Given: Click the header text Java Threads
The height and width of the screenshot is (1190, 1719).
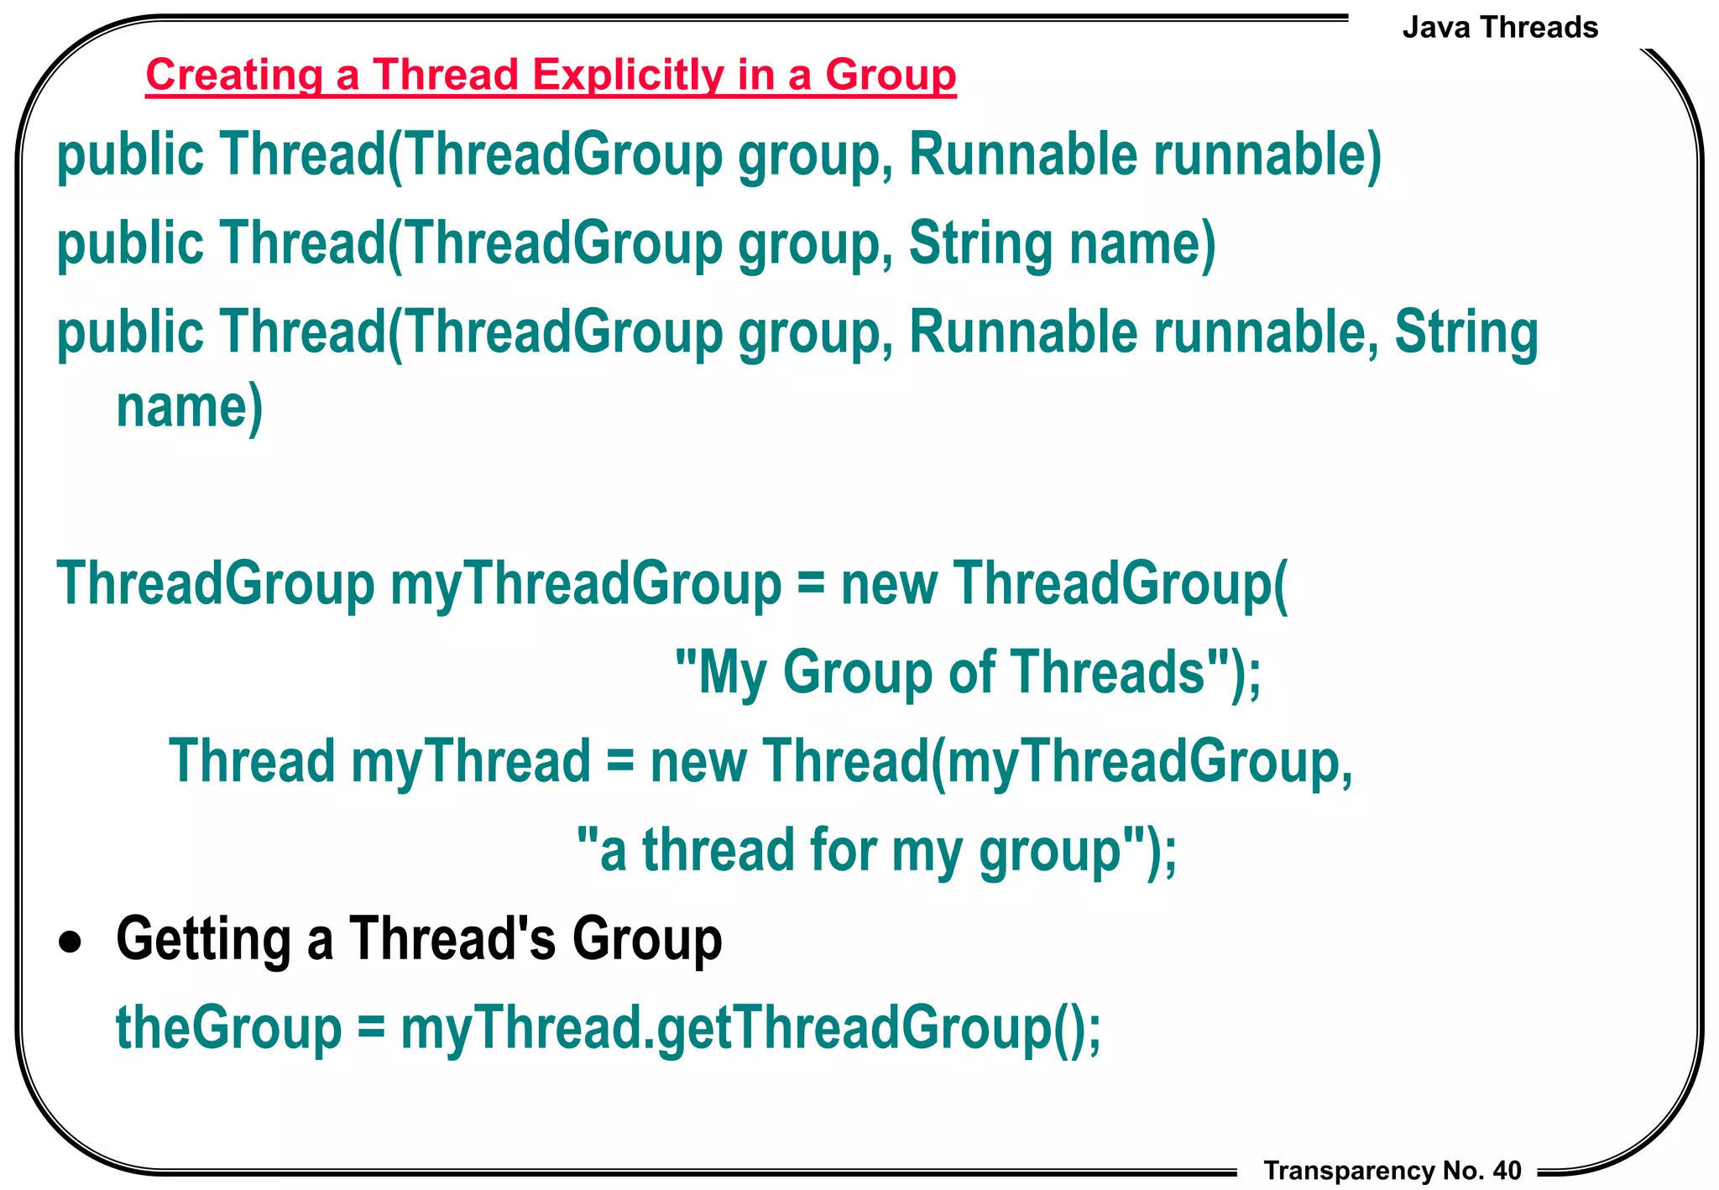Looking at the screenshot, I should [1500, 28].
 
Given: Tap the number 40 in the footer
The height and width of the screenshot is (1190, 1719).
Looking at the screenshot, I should [1507, 1171].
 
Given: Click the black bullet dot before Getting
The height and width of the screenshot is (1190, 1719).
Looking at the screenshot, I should [71, 943].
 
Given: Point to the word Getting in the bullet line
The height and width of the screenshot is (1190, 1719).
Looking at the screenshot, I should [203, 939].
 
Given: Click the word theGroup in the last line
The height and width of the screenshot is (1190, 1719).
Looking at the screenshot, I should [228, 1028].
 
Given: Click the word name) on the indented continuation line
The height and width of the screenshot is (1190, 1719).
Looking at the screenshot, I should [190, 407].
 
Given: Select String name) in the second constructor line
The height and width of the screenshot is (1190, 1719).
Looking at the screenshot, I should [1062, 243].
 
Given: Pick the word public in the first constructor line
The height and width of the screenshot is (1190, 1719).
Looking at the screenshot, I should [130, 155].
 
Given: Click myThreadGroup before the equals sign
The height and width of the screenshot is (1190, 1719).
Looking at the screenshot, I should [586, 584].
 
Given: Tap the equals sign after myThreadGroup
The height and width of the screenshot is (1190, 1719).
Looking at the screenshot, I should [811, 584].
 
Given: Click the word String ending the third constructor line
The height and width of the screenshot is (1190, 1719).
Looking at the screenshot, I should [1466, 332].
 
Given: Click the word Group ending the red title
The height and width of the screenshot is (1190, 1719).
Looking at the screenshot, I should [891, 75].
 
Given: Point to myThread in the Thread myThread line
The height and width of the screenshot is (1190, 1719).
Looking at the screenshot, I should [471, 761].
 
